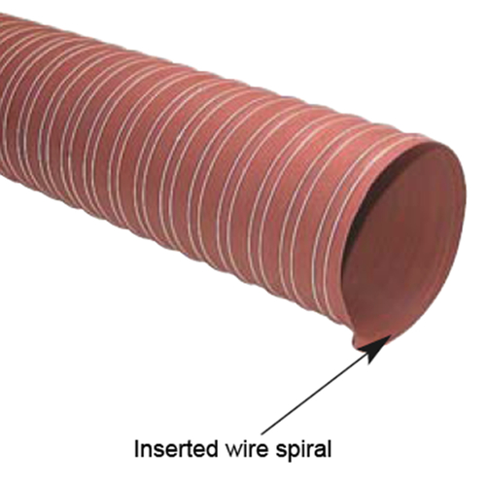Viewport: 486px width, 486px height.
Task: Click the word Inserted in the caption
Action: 174,449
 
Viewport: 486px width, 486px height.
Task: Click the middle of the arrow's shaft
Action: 316,398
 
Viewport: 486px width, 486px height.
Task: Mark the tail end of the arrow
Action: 262,433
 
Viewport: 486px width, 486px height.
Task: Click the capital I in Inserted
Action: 136,449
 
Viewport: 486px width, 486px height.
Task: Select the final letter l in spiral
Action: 329,448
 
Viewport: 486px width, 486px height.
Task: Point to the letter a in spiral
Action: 319,451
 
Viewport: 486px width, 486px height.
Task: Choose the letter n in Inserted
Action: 147,451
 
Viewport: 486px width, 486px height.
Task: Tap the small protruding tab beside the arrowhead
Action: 359,343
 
